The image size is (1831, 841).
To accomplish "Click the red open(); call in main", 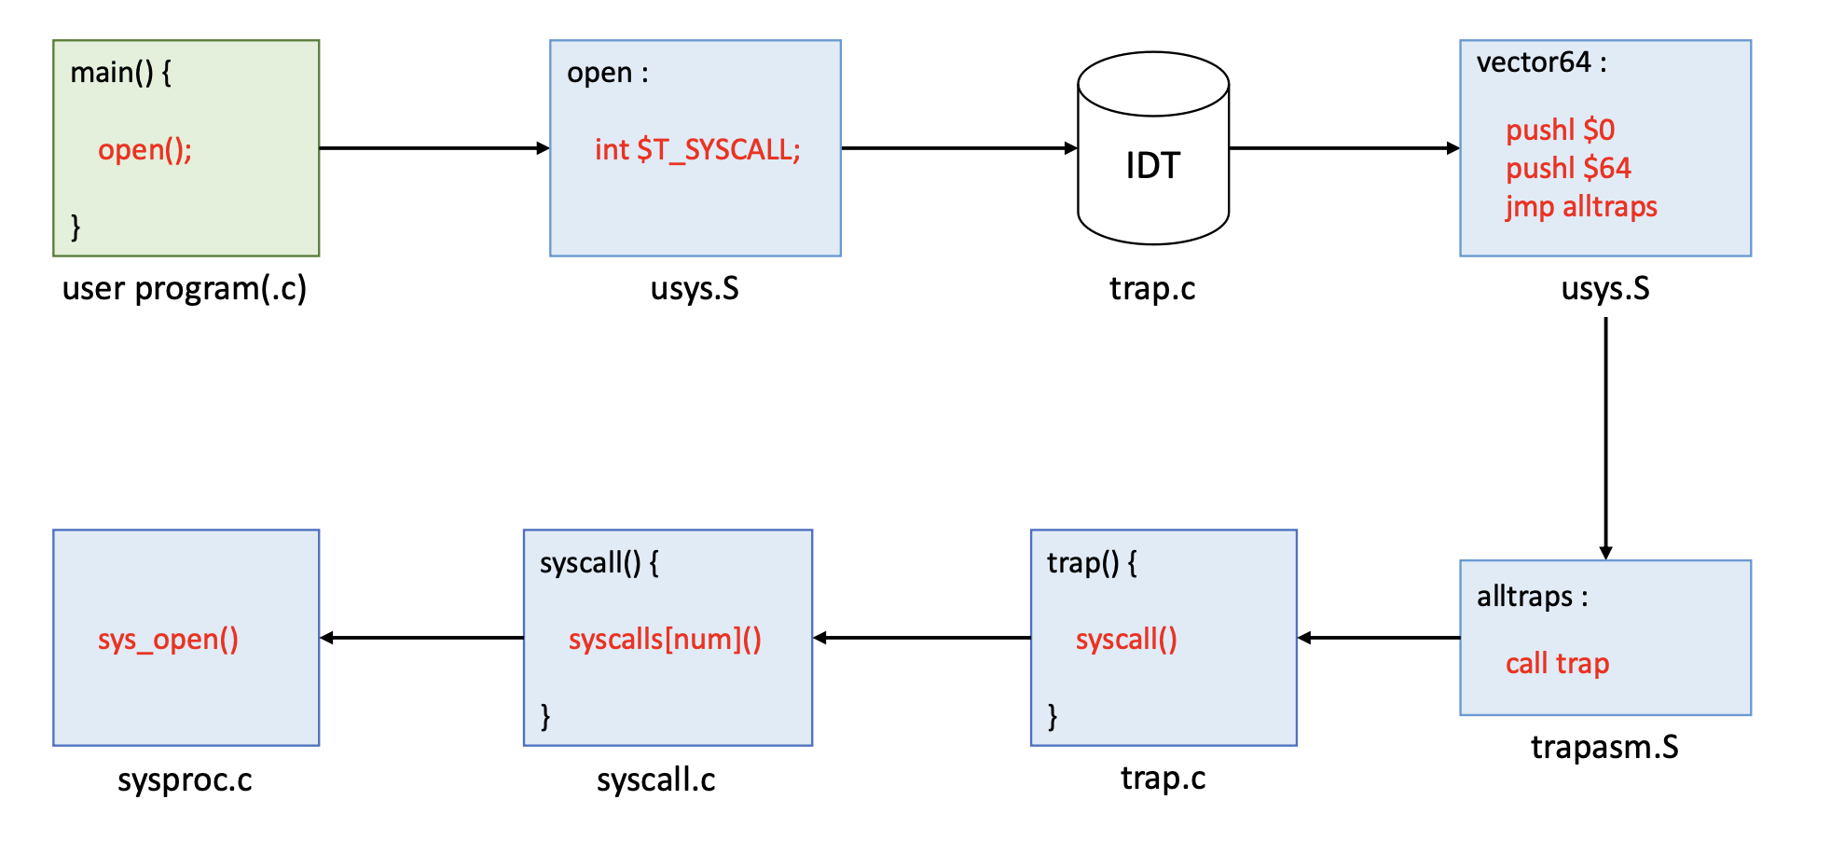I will point(145,150).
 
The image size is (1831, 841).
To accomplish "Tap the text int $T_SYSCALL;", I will point(697,150).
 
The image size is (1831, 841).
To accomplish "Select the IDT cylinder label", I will point(1153,166).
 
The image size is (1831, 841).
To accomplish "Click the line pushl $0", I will point(1560,130).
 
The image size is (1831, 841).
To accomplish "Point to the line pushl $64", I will point(1568,168).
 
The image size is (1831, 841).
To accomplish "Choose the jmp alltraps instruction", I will point(1581,206).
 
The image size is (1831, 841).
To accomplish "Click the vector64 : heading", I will point(1541,62).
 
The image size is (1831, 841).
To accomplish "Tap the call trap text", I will point(1557,663).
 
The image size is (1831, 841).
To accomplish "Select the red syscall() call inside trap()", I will point(1126,639).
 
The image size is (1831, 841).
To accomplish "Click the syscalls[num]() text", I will point(665,639).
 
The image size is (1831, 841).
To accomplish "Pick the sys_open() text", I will point(168,639).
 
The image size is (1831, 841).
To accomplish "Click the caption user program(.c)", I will point(185,288).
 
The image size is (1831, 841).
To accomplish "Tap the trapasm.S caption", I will point(1604,747).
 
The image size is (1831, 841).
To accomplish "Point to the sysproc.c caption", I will point(185,779).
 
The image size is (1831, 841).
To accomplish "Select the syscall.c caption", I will point(656,779).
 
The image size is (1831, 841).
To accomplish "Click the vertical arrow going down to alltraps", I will point(1605,438).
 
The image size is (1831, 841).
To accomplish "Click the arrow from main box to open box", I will point(434,147).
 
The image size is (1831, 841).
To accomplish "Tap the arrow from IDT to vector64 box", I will point(1342,147).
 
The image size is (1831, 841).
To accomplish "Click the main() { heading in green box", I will point(120,73).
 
